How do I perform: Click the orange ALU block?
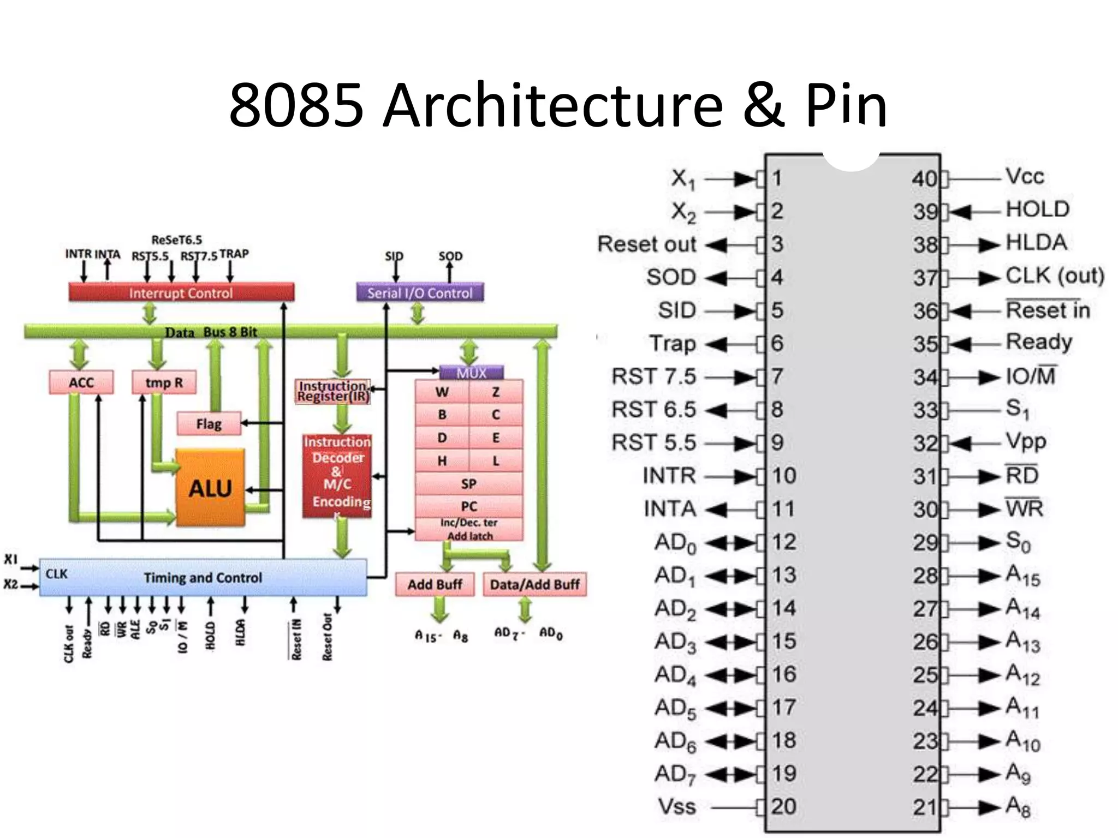point(210,487)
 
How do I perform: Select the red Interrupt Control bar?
point(181,293)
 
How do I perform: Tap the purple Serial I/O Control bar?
point(419,293)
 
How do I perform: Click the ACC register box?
point(81,382)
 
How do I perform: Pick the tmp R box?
point(164,382)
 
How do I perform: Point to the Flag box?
point(209,424)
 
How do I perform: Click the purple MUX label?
point(471,373)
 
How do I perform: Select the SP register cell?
point(468,483)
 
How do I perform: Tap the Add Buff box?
point(435,584)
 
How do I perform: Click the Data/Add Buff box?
point(534,584)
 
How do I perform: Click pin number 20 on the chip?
point(783,806)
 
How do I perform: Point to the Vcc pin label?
point(1025,177)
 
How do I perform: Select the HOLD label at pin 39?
point(1037,209)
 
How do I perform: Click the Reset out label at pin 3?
point(647,244)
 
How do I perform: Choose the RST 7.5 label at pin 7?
point(653,376)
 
